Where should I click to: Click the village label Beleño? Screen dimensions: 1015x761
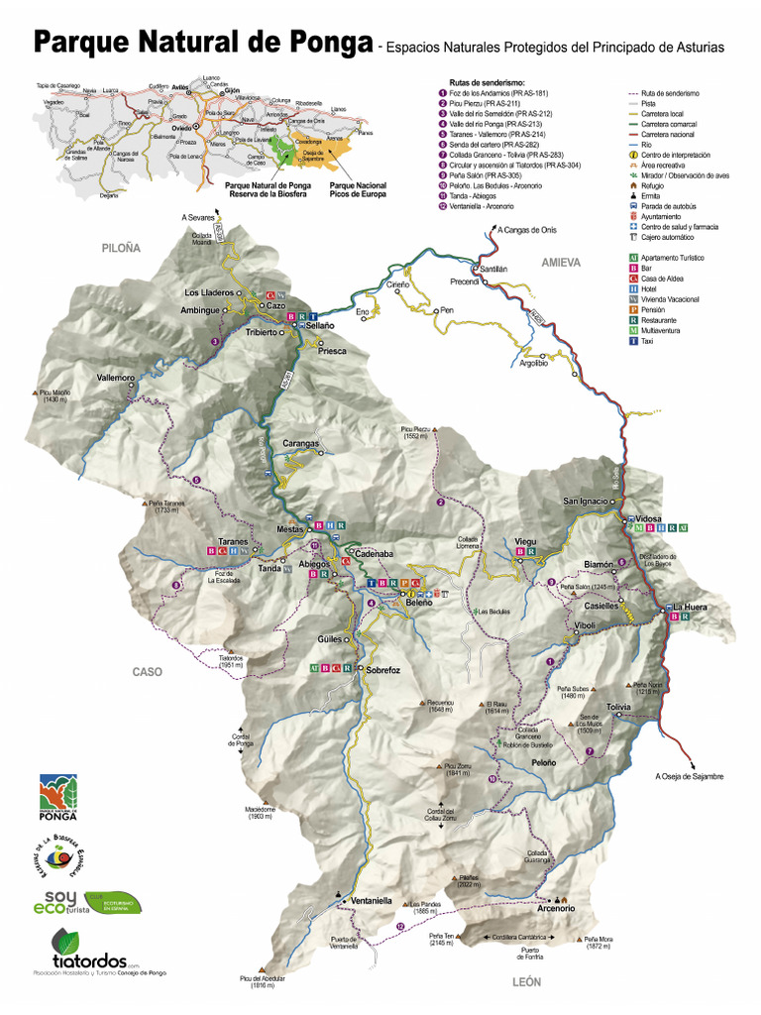[418, 602]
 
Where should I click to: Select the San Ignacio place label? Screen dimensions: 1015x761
[585, 501]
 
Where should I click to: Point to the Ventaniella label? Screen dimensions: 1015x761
[372, 901]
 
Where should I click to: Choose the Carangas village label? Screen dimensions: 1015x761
[301, 443]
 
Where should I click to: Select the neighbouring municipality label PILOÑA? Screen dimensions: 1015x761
[122, 248]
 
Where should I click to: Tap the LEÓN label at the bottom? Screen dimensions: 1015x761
[526, 981]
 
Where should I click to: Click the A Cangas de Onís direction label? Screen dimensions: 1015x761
[529, 230]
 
